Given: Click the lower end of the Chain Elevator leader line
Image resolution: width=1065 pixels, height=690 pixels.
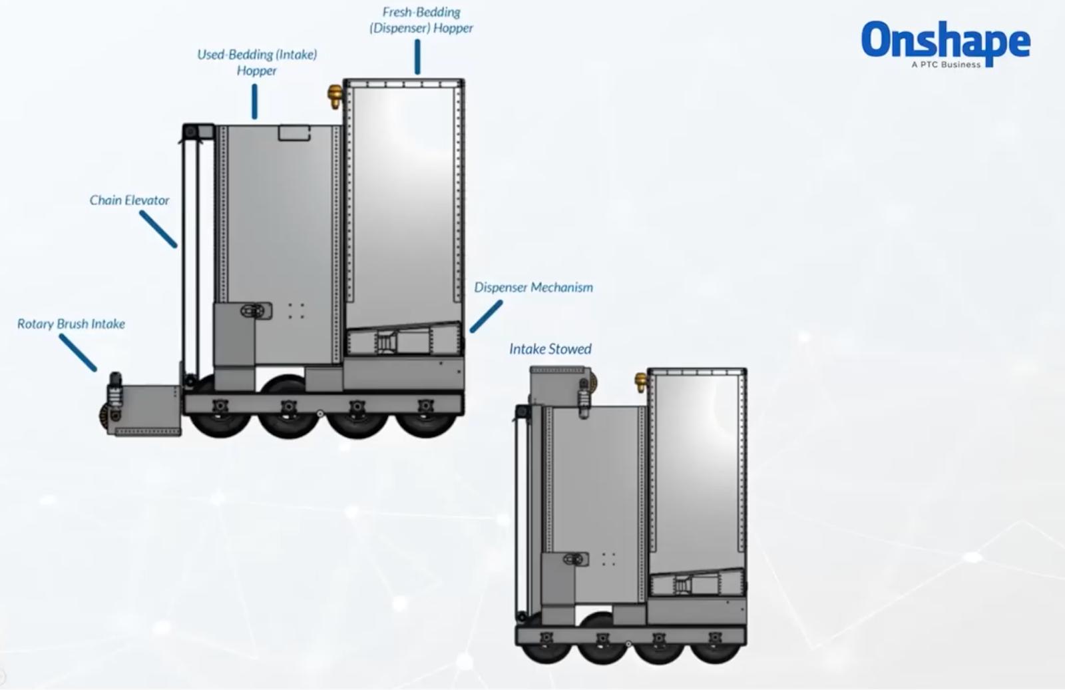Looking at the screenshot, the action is tap(175, 246).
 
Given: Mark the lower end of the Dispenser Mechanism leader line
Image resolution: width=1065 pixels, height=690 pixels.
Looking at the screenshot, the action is tap(472, 330).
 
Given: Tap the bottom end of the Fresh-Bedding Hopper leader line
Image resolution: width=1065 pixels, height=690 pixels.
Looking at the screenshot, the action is tap(417, 73).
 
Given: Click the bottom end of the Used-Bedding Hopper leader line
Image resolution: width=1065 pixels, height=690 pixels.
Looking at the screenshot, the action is tap(255, 117).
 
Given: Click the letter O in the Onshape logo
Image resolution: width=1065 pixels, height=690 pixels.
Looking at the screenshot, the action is tap(876, 39).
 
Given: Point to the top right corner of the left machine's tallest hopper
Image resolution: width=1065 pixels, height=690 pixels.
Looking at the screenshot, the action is tap(464, 80).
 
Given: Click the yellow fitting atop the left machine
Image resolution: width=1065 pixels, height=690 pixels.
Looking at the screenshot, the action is tap(335, 96).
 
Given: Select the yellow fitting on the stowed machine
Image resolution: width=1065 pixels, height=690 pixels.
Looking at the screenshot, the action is tap(641, 382).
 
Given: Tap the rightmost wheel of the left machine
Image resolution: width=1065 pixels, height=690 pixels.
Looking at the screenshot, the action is tap(425, 420).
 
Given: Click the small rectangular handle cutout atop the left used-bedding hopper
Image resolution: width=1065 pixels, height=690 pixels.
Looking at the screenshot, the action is tap(294, 133).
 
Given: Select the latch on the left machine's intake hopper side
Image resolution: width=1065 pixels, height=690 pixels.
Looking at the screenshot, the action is tap(256, 311).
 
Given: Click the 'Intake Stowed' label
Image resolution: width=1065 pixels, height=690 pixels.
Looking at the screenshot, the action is tap(550, 349).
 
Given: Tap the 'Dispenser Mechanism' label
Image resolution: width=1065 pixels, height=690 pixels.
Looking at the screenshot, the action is tap(533, 288).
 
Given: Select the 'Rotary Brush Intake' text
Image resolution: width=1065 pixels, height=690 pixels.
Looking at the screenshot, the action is tap(71, 324).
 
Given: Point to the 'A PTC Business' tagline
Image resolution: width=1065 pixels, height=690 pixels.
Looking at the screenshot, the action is tap(946, 65).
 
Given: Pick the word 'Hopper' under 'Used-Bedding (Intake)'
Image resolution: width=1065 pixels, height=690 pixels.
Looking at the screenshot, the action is tap(257, 71).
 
